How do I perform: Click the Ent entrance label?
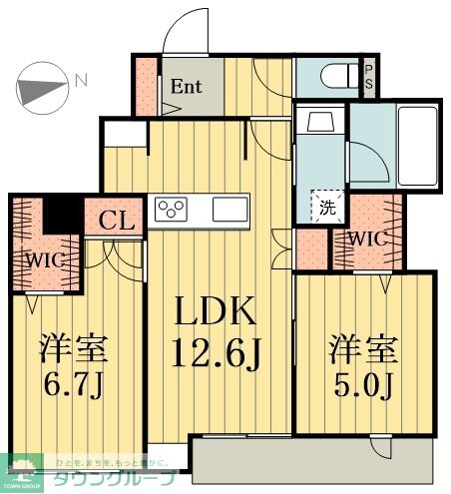[186, 86]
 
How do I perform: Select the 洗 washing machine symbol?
[327, 208]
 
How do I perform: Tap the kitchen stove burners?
[172, 211]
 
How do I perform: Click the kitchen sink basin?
[230, 211]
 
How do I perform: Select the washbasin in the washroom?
[320, 123]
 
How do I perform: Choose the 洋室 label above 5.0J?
[364, 352]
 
